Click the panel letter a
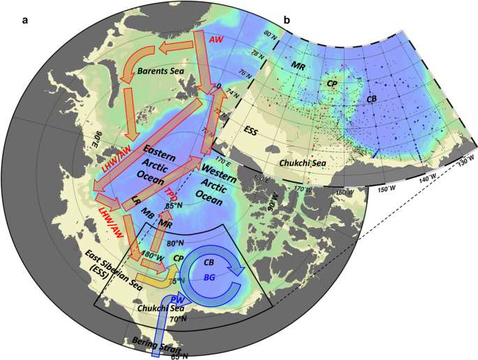coord(24,19)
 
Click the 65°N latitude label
coord(180,357)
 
